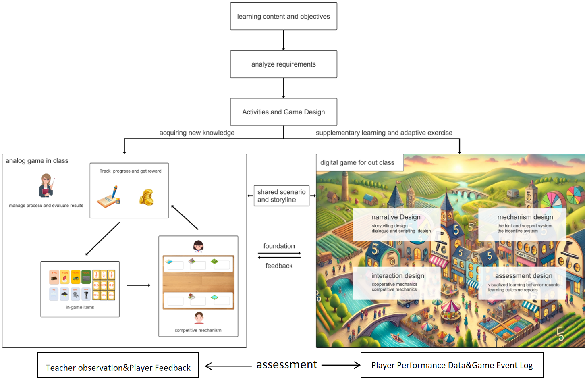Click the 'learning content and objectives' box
(283, 17)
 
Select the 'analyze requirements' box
(283, 64)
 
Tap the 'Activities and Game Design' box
(283, 112)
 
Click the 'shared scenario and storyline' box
(281, 196)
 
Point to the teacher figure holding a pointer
(46, 185)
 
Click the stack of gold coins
(147, 198)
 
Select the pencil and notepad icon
(109, 197)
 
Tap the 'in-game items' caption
(80, 307)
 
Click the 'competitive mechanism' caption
(198, 330)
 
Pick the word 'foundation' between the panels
(279, 246)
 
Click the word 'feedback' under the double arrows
(279, 266)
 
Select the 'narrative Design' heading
(396, 217)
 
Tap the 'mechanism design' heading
(525, 217)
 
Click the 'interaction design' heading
(398, 276)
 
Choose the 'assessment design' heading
(523, 276)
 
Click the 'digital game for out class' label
(357, 163)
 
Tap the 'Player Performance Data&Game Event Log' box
(452, 365)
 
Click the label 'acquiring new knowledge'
(197, 133)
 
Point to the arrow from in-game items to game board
(139, 285)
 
